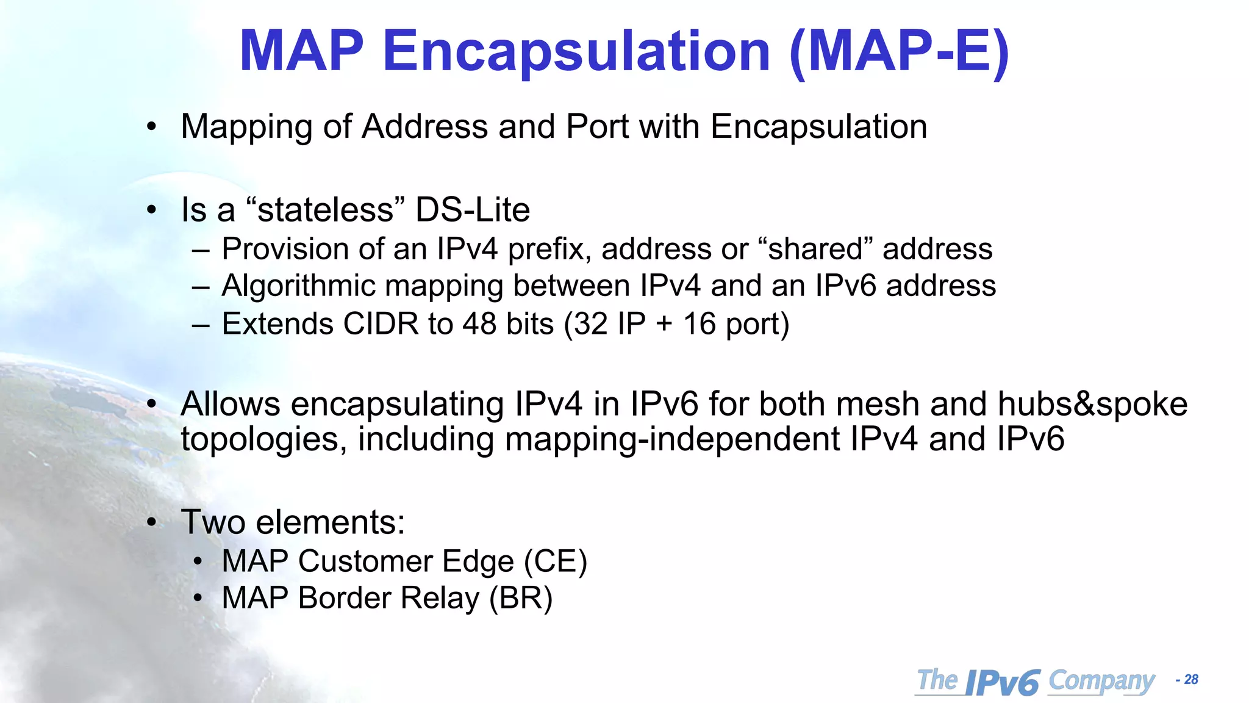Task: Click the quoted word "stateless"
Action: click(326, 210)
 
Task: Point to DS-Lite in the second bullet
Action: click(473, 210)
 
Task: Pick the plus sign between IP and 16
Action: click(665, 324)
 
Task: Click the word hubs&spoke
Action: click(1092, 404)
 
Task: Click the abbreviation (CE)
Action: click(555, 561)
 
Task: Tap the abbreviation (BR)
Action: click(520, 598)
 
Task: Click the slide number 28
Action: click(1191, 680)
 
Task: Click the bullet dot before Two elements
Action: click(152, 522)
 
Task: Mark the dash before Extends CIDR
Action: click(200, 325)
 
